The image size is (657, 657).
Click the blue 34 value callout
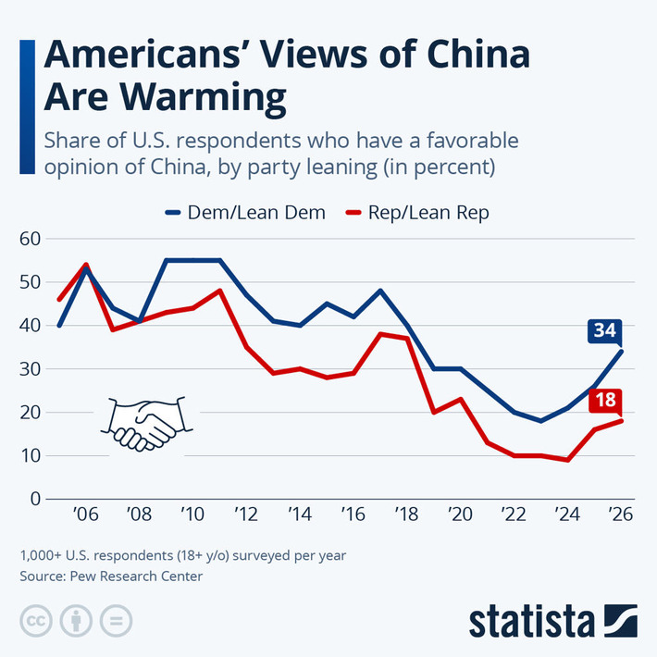tap(605, 330)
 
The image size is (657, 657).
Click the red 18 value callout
tap(605, 401)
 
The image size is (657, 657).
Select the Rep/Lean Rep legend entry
tap(417, 212)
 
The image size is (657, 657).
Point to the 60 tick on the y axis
tap(30, 239)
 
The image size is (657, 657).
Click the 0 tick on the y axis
tap(36, 499)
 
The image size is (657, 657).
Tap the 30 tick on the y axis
tap(30, 368)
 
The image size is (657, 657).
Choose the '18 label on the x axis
tap(405, 515)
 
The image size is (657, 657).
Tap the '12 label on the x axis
tap(245, 515)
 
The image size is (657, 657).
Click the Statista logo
tap(552, 621)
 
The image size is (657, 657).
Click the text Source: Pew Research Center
tap(110, 576)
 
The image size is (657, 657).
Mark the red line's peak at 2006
tap(86, 265)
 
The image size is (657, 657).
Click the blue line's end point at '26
tap(622, 352)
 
